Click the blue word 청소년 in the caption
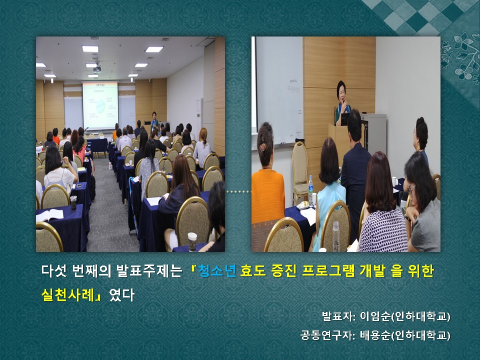[216, 271]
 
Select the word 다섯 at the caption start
[54, 271]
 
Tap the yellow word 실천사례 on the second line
[67, 294]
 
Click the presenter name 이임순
[375, 316]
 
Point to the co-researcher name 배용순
[375, 335]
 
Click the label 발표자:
[338, 316]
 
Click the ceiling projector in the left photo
[97, 68]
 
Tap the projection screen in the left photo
[100, 105]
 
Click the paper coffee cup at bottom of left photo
[192, 242]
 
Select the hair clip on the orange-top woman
[262, 148]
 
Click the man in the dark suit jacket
[355, 171]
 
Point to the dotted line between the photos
[238, 191]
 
